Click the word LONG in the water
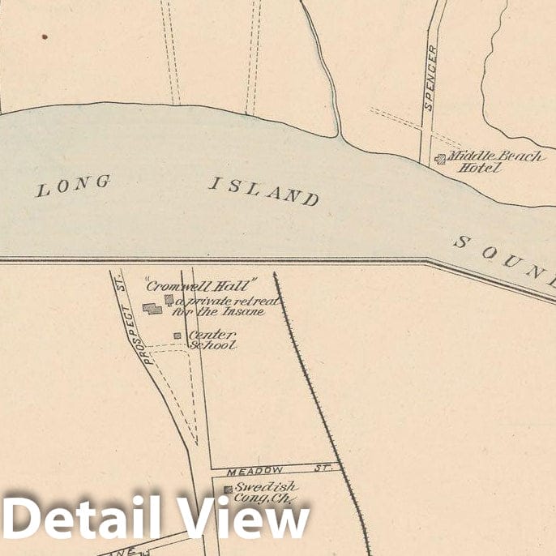pos(73,186)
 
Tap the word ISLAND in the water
pos(264,190)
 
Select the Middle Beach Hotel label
pos(494,161)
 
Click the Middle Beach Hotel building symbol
pos(440,160)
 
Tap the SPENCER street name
pos(430,78)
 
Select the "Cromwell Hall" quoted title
pos(200,284)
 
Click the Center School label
pos(212,339)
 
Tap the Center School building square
pos(177,336)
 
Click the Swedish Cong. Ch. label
pos(263,493)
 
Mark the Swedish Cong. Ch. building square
pos(228,490)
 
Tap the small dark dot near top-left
pos(45,36)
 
